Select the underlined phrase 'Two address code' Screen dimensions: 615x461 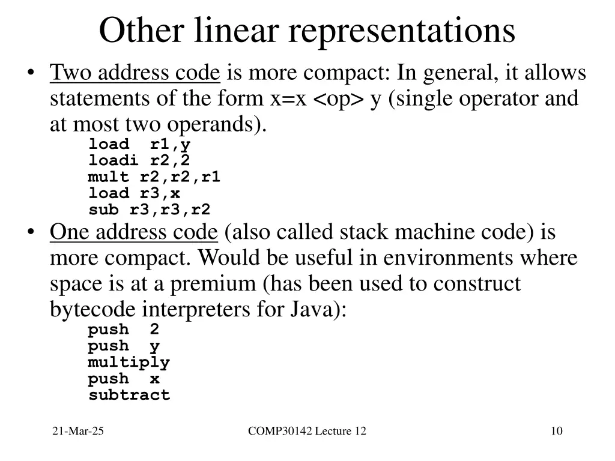pyautogui.click(x=135, y=73)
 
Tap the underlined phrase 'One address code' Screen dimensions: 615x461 pyautogui.click(x=133, y=232)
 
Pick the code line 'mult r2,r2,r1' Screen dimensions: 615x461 pyautogui.click(x=154, y=177)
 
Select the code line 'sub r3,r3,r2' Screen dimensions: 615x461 pyautogui.click(x=149, y=210)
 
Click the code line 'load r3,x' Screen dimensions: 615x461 pyautogui.click(x=133, y=193)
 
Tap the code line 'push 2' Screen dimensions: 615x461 pyautogui.click(x=123, y=330)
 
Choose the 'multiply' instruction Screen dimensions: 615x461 pyautogui.click(x=129, y=363)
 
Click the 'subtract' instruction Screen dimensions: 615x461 pyautogui.click(x=129, y=395)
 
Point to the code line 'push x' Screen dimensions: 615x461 pyautogui.click(x=123, y=379)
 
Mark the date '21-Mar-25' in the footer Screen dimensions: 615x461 pyautogui.click(x=78, y=431)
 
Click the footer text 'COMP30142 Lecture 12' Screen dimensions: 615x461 pyautogui.click(x=307, y=431)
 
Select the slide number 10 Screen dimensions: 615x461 pyautogui.click(x=556, y=431)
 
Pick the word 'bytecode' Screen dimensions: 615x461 pyautogui.click(x=93, y=310)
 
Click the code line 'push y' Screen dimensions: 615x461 pyautogui.click(x=123, y=346)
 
